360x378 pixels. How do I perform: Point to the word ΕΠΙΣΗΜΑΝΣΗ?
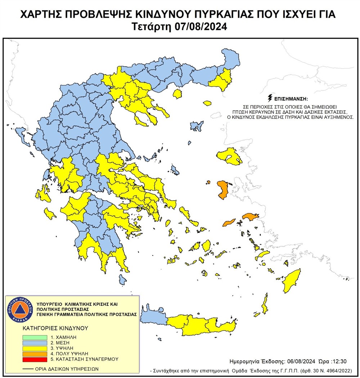coord(291,98)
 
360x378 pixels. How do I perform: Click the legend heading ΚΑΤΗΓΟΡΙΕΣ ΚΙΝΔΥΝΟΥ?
coord(55,329)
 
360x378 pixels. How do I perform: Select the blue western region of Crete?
coord(153,316)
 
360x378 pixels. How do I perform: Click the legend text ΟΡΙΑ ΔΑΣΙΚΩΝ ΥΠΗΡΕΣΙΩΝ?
coord(67,369)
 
